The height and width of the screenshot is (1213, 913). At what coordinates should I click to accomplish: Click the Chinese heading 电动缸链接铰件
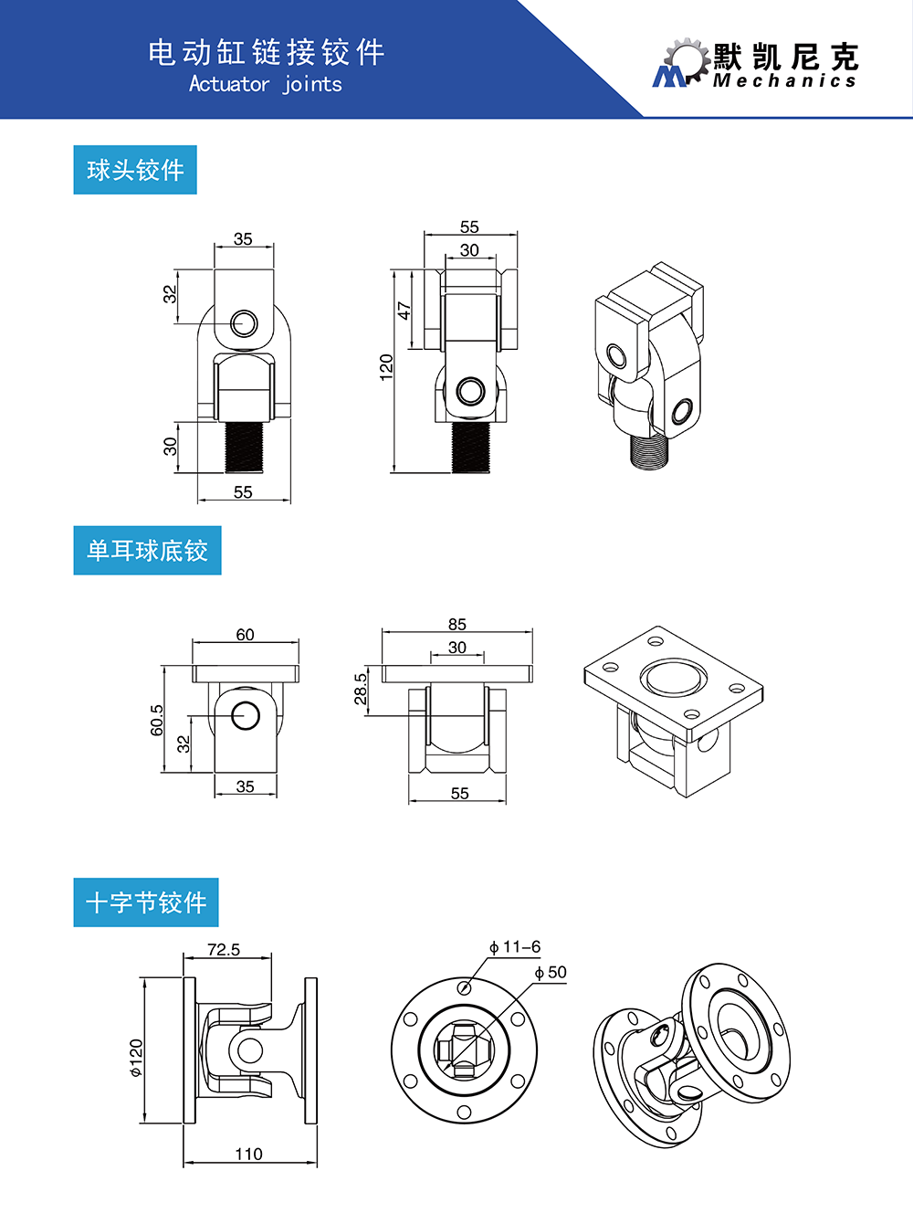(267, 52)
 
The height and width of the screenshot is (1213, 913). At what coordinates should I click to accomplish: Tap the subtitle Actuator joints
(266, 84)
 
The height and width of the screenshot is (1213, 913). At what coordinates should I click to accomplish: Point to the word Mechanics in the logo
(785, 81)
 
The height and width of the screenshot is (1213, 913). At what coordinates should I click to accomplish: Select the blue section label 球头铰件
(135, 170)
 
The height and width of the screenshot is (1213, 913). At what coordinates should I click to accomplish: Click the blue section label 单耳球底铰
(147, 550)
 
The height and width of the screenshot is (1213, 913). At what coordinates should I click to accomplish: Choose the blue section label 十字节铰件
(146, 902)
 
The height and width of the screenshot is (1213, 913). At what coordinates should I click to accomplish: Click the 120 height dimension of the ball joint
(386, 367)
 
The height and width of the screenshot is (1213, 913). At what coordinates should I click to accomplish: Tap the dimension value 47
(404, 311)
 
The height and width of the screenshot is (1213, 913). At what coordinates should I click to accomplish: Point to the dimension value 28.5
(361, 690)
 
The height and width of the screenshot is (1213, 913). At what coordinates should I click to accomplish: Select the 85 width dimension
(457, 625)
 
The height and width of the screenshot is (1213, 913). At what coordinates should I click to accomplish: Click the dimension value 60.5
(157, 719)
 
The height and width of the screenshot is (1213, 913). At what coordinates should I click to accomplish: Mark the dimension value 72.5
(224, 950)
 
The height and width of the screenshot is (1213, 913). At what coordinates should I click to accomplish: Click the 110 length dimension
(248, 1154)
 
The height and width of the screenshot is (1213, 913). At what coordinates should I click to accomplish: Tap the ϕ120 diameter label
(136, 1058)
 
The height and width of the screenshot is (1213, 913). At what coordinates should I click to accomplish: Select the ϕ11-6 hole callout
(515, 947)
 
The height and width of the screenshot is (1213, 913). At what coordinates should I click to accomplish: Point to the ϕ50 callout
(551, 973)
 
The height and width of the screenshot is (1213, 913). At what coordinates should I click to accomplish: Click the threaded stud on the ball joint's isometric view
(650, 451)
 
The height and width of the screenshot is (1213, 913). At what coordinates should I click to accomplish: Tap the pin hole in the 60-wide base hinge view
(246, 715)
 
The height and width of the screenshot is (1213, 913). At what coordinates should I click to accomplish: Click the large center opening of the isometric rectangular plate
(674, 678)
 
